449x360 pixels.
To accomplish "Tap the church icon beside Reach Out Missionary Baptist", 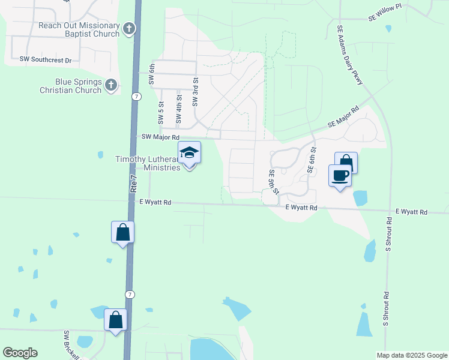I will coord(129,29).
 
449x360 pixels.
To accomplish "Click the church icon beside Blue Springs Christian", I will coord(111,86).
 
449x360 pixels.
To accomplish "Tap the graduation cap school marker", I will coord(189,154).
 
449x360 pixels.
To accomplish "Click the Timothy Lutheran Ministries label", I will coord(148,163).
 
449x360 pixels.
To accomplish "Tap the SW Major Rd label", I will coord(160,137).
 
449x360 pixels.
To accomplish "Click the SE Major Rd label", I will coord(343,118).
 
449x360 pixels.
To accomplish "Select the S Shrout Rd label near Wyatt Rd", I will coord(389,233).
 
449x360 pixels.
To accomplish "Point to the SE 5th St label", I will coord(274,181).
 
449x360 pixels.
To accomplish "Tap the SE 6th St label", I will coord(311,160).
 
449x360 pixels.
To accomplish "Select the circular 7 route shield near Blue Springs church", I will coord(137,97).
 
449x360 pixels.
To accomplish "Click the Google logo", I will coord(20,352).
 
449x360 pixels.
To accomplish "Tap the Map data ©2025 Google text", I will coord(411,355).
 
